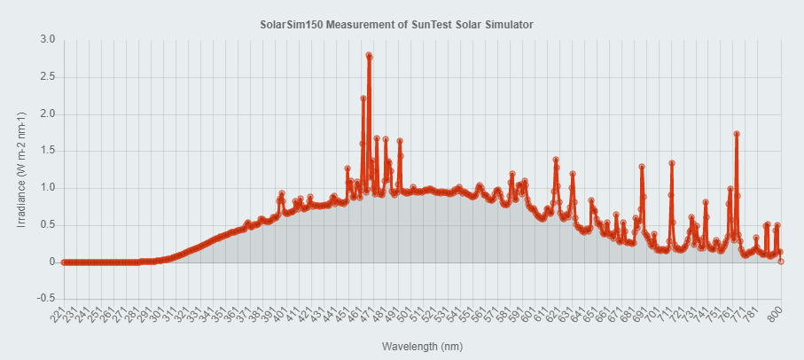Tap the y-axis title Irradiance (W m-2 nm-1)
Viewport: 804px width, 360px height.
coord(22,168)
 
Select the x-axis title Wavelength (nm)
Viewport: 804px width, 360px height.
coord(422,346)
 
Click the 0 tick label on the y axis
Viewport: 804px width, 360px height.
coord(52,262)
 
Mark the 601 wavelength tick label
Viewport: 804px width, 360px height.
coord(529,317)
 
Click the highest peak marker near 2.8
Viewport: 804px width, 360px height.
coord(369,55)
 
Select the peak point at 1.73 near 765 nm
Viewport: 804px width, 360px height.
coord(737,134)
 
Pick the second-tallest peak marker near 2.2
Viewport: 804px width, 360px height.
coord(363,98)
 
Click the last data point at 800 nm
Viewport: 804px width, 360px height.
coord(781,262)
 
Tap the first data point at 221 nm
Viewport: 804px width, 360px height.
coord(64,262)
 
